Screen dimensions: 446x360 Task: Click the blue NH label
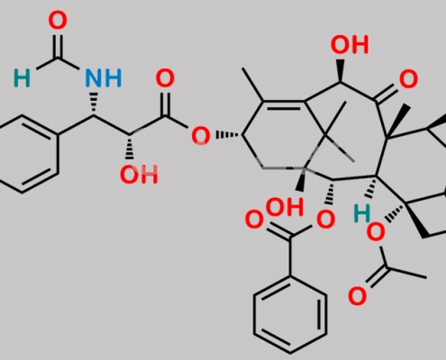104,78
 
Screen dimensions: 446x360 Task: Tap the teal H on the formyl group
22,78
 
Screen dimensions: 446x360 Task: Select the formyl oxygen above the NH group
58,20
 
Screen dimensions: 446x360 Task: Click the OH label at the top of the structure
350,45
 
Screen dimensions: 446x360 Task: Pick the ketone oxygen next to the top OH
408,79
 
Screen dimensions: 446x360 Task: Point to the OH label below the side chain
139,175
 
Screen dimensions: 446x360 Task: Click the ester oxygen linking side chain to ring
201,136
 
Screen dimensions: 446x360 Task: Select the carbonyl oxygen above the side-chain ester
165,78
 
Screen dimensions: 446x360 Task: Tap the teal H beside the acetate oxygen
362,213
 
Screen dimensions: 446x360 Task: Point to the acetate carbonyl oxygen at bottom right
357,296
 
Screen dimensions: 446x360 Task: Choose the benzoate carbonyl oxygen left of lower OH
254,220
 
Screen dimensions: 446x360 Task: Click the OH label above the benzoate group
285,207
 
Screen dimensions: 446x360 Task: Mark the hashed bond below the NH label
94,103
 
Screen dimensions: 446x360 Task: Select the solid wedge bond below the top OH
340,70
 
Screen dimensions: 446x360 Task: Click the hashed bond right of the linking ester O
228,135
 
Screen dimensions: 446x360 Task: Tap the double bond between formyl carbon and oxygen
58,46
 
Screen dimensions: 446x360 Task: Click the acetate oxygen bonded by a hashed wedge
376,232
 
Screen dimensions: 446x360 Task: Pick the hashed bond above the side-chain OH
130,147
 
